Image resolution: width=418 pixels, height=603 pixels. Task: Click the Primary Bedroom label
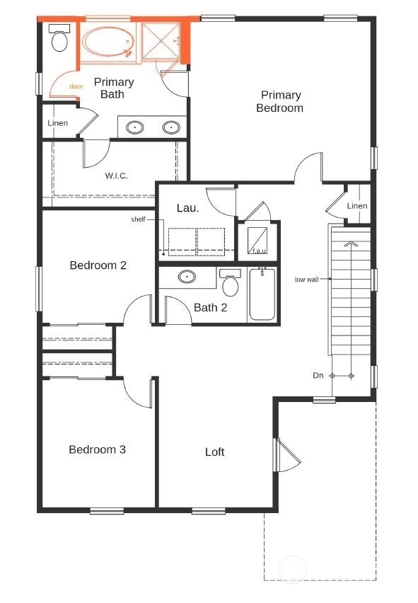(x=280, y=101)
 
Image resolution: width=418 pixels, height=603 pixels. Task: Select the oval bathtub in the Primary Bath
(x=107, y=42)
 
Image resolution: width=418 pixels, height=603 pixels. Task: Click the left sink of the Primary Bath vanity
(x=135, y=128)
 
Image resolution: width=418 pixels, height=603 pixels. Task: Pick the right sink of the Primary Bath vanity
(x=170, y=128)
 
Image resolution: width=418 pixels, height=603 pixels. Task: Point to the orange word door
(x=76, y=86)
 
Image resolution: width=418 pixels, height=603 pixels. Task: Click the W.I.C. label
(x=116, y=176)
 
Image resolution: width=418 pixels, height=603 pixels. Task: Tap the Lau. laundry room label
(x=187, y=208)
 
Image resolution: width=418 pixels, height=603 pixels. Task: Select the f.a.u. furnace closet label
(x=259, y=251)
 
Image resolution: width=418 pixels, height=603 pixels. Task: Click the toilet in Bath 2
(x=230, y=285)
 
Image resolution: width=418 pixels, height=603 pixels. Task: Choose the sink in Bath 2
(x=187, y=277)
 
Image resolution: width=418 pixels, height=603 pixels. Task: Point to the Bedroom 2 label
(x=98, y=265)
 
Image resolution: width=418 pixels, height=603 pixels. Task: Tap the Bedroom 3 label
(x=97, y=449)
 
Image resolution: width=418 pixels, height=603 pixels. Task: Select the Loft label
(x=214, y=452)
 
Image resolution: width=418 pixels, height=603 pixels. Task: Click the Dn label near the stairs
(x=318, y=375)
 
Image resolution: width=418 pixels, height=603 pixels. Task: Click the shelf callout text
(x=138, y=219)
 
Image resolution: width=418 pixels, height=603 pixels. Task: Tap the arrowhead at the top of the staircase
(x=350, y=243)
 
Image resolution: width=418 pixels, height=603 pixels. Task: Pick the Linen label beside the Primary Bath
(x=58, y=123)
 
